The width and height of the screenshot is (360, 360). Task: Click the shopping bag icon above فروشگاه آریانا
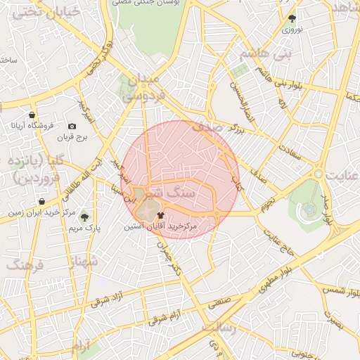tap(32, 115)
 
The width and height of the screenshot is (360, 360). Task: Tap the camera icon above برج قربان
tap(71, 126)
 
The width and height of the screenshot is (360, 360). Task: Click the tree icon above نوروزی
tap(292, 19)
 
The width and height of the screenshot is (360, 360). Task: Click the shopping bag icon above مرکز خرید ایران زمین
tap(42, 202)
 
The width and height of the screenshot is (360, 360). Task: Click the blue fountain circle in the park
tap(309, 209)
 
